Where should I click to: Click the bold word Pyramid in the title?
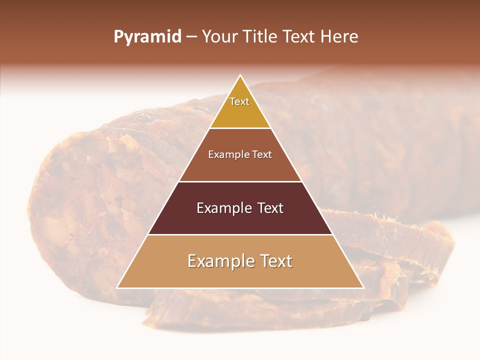tap(147, 37)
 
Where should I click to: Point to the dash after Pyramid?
tap(191, 37)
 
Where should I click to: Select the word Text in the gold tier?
tap(239, 101)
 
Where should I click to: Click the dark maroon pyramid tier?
tap(240, 220)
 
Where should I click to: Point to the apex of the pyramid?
tap(240, 76)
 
